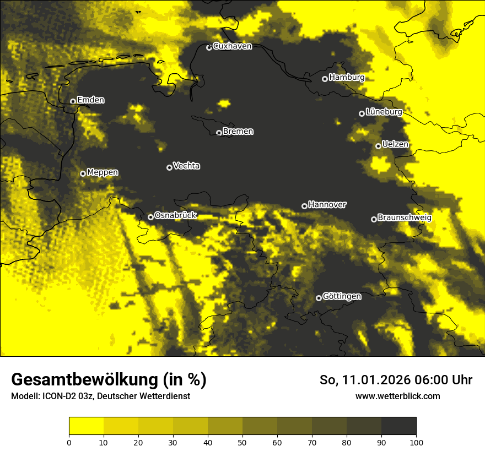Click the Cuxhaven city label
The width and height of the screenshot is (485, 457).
pyautogui.click(x=232, y=46)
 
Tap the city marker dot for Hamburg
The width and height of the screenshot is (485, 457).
pyautogui.click(x=325, y=79)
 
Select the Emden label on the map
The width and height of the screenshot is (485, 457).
pyautogui.click(x=90, y=100)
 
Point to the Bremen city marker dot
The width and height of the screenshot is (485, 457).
pyautogui.click(x=219, y=133)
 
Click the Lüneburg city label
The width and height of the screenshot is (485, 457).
pyautogui.click(x=384, y=112)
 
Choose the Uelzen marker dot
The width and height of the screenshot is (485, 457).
pyautogui.click(x=378, y=146)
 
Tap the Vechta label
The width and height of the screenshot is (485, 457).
pyautogui.click(x=186, y=166)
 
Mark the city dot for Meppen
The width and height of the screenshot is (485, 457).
pyautogui.click(x=83, y=173)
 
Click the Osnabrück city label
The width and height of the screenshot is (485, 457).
pyautogui.click(x=175, y=215)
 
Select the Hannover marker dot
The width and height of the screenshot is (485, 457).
pyautogui.click(x=304, y=206)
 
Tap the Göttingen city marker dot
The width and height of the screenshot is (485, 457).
pyautogui.click(x=319, y=298)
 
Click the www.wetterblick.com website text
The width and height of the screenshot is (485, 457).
pyautogui.click(x=397, y=396)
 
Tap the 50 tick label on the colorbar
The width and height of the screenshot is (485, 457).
pyautogui.click(x=242, y=442)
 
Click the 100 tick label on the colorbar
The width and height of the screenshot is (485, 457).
pyautogui.click(x=416, y=442)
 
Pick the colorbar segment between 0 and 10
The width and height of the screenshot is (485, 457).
pyautogui.click(x=86, y=426)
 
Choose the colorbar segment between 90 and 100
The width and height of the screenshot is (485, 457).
pyautogui.click(x=398, y=426)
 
